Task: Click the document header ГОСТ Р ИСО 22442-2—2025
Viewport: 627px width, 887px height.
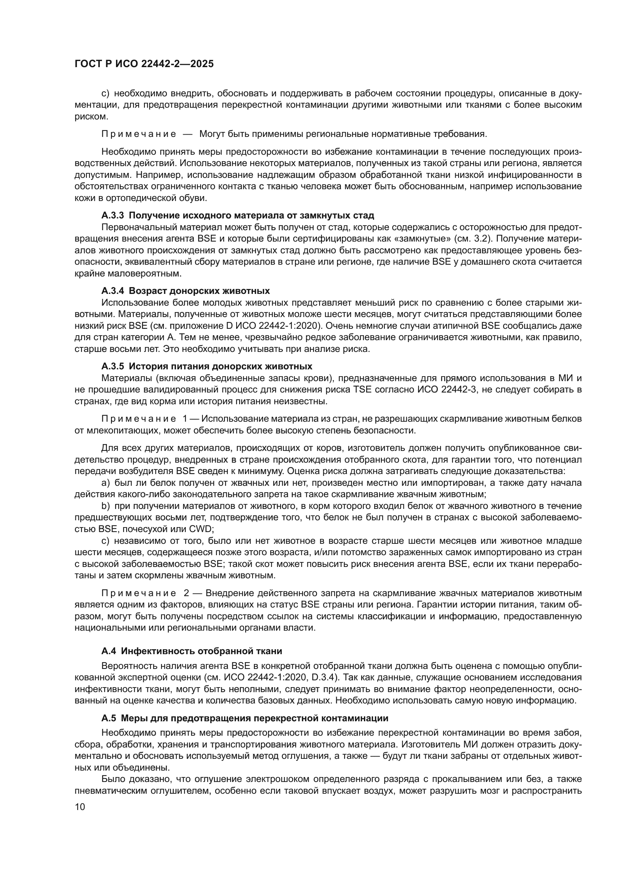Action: pyautogui.click(x=144, y=64)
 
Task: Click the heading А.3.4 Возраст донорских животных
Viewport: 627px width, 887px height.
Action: pyautogui.click(x=185, y=290)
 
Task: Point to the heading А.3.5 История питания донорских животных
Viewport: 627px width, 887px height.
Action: pyautogui.click(x=207, y=366)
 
